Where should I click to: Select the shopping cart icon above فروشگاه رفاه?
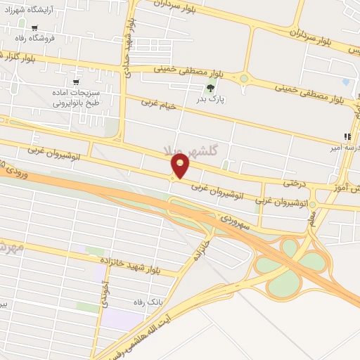[x=33, y=28]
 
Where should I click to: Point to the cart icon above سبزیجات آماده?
[x=76, y=82]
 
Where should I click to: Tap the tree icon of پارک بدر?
[x=210, y=88]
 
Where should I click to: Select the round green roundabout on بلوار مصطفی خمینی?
[x=244, y=79]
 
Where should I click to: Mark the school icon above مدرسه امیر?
[x=346, y=136]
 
